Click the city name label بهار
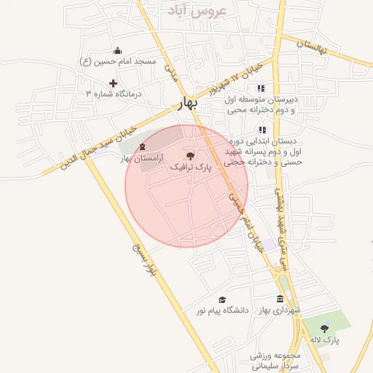pyautogui.click(x=188, y=104)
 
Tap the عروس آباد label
pyautogui.click(x=197, y=10)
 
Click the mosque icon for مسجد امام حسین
pyautogui.click(x=118, y=50)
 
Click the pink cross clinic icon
pyautogui.click(x=113, y=83)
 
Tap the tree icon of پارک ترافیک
pyautogui.click(x=191, y=156)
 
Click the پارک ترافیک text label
pyautogui.click(x=191, y=168)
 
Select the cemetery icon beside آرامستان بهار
pyautogui.click(x=142, y=147)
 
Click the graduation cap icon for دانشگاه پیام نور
pyautogui.click(x=222, y=299)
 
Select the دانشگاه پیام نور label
pyautogui.click(x=221, y=310)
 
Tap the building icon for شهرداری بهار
pyautogui.click(x=280, y=299)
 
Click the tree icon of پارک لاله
pyautogui.click(x=324, y=329)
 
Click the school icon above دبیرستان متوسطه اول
pyautogui.click(x=261, y=88)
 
